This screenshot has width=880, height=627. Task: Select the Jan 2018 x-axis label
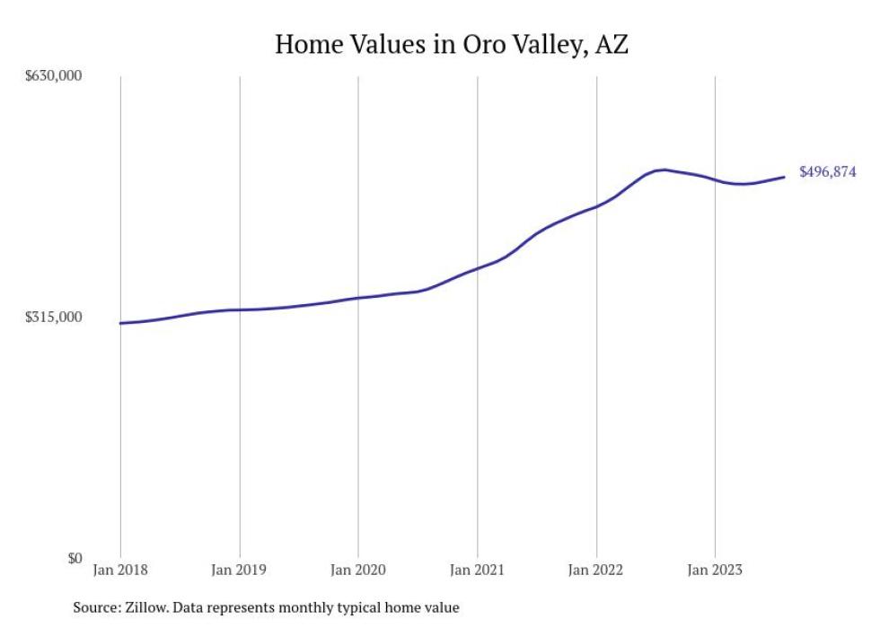pyautogui.click(x=120, y=569)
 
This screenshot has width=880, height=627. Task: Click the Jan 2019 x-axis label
pyautogui.click(x=239, y=569)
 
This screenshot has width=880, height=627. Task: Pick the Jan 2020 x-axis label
pyautogui.click(x=358, y=569)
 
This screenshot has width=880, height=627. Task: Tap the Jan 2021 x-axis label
pyautogui.click(x=477, y=569)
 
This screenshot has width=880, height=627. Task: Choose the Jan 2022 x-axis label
pyautogui.click(x=596, y=569)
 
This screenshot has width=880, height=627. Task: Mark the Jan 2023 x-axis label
pyautogui.click(x=715, y=569)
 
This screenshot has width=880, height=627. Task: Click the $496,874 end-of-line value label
pyautogui.click(x=827, y=172)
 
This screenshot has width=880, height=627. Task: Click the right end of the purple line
pyautogui.click(x=784, y=177)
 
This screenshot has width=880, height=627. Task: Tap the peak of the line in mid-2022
pyautogui.click(x=664, y=169)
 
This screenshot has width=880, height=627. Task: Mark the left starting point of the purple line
pyautogui.click(x=120, y=323)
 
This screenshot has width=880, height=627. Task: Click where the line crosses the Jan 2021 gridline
pyautogui.click(x=477, y=268)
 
